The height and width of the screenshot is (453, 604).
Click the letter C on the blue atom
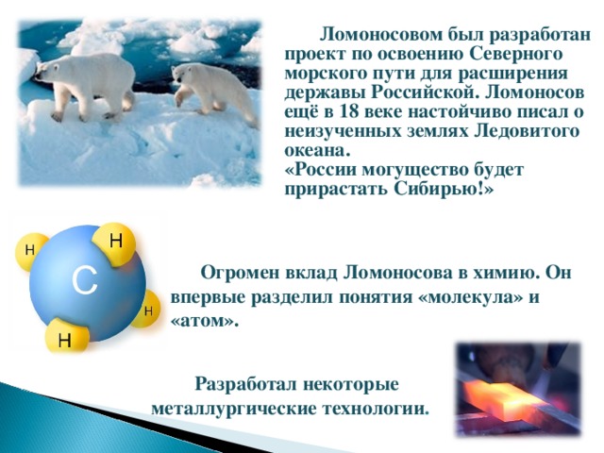coord(84,279)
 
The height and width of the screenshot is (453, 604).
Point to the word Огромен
coord(237,274)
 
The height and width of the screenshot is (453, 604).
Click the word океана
coord(315,149)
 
